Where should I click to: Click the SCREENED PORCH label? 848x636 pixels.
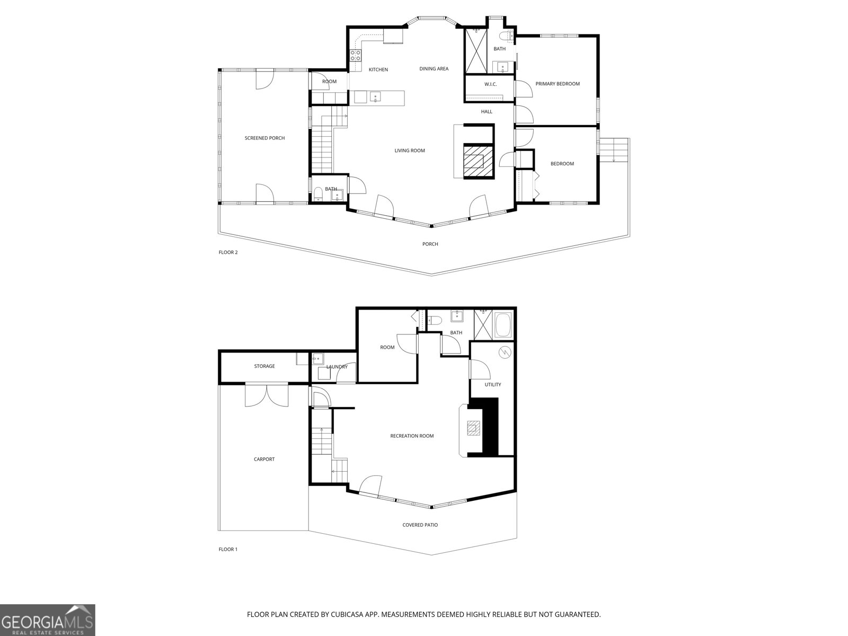click(x=264, y=138)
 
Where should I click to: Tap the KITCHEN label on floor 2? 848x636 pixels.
click(x=378, y=70)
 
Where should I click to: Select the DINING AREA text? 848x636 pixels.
click(x=434, y=69)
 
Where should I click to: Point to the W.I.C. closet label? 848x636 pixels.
click(x=490, y=85)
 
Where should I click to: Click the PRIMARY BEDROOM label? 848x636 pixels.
click(x=558, y=84)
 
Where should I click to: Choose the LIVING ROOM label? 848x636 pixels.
click(x=410, y=151)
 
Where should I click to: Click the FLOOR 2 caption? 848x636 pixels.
click(x=228, y=252)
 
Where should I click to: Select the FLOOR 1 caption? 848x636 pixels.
click(x=228, y=550)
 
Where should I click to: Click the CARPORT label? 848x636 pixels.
click(x=264, y=460)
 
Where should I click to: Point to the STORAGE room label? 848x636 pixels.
click(x=264, y=366)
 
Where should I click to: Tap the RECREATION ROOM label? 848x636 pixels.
click(x=412, y=436)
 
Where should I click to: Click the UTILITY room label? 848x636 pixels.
click(x=492, y=385)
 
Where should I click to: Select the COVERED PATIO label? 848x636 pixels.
click(x=420, y=525)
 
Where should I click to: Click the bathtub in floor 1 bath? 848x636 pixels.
click(x=502, y=325)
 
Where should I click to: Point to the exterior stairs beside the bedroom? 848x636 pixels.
click(x=615, y=150)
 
